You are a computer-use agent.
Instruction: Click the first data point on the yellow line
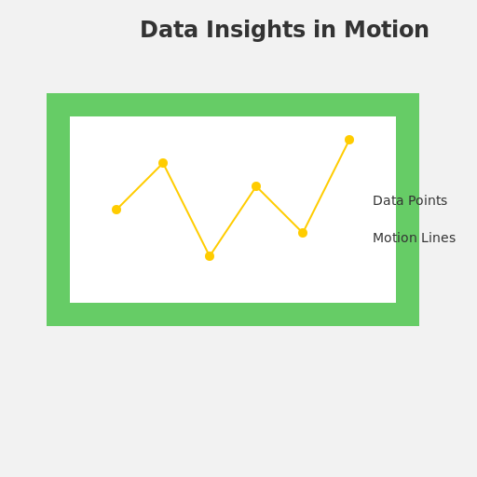pos(116,210)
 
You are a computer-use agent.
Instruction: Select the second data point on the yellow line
pos(163,163)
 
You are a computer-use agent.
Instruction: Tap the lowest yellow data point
pos(210,256)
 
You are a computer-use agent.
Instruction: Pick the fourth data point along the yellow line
pos(256,186)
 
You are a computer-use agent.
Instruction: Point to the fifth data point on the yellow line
pos(303,233)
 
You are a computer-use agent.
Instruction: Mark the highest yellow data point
pos(349,140)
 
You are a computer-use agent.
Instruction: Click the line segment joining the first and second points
pos(140,186)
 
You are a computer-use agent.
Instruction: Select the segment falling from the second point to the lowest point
pos(186,210)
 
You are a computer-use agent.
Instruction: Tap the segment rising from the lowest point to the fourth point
pos(233,221)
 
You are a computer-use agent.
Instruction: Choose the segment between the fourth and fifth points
pos(279,210)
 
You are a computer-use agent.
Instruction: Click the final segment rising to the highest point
pos(326,186)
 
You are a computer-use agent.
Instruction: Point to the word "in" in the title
pos(325,31)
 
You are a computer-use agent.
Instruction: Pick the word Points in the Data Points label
pos(427,201)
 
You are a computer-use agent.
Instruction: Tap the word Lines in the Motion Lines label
pos(439,238)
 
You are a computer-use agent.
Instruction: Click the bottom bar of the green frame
pos(233,314)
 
